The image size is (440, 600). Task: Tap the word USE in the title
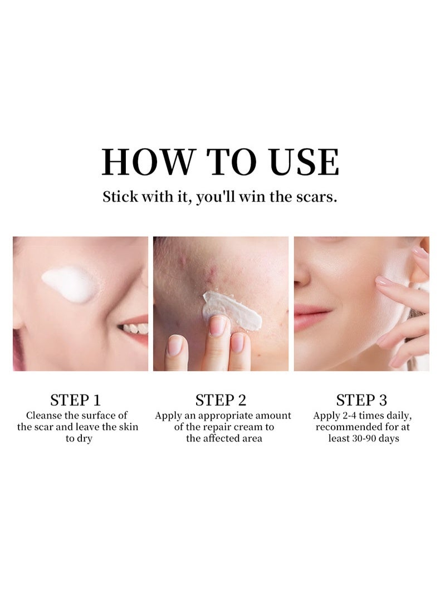point(304,162)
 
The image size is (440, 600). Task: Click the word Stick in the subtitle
point(120,197)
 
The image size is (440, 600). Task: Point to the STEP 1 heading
point(75,400)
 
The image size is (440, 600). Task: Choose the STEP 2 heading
point(221,400)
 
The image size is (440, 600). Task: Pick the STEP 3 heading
point(361,400)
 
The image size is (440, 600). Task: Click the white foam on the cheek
point(69,284)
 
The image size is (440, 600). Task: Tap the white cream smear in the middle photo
point(232,310)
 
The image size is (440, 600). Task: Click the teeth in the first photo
point(134,328)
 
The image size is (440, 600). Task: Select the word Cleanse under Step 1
point(42,415)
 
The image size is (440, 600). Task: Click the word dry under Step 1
point(84,439)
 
